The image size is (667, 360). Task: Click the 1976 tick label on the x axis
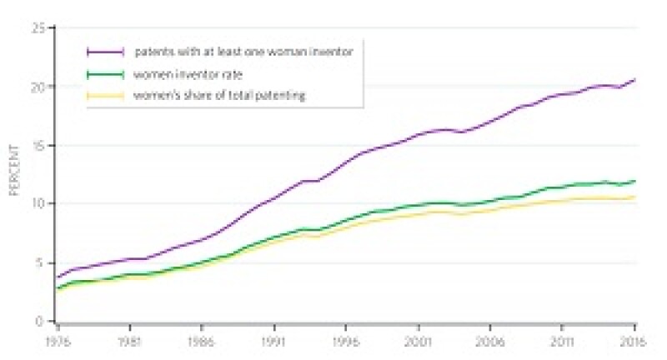click(x=56, y=340)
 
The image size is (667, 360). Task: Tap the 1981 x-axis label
click(x=128, y=340)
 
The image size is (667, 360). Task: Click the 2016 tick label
click(x=634, y=340)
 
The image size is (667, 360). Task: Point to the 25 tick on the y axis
click(x=38, y=29)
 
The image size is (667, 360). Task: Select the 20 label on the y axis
click(x=38, y=87)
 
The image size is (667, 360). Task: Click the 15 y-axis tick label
click(x=38, y=146)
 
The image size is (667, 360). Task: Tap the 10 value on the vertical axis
click(x=38, y=204)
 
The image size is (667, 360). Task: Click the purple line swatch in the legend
click(x=106, y=52)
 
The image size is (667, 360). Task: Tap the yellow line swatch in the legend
click(x=106, y=95)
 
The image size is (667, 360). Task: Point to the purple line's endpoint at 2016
click(x=635, y=80)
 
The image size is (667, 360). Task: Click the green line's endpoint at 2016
click(x=635, y=181)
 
